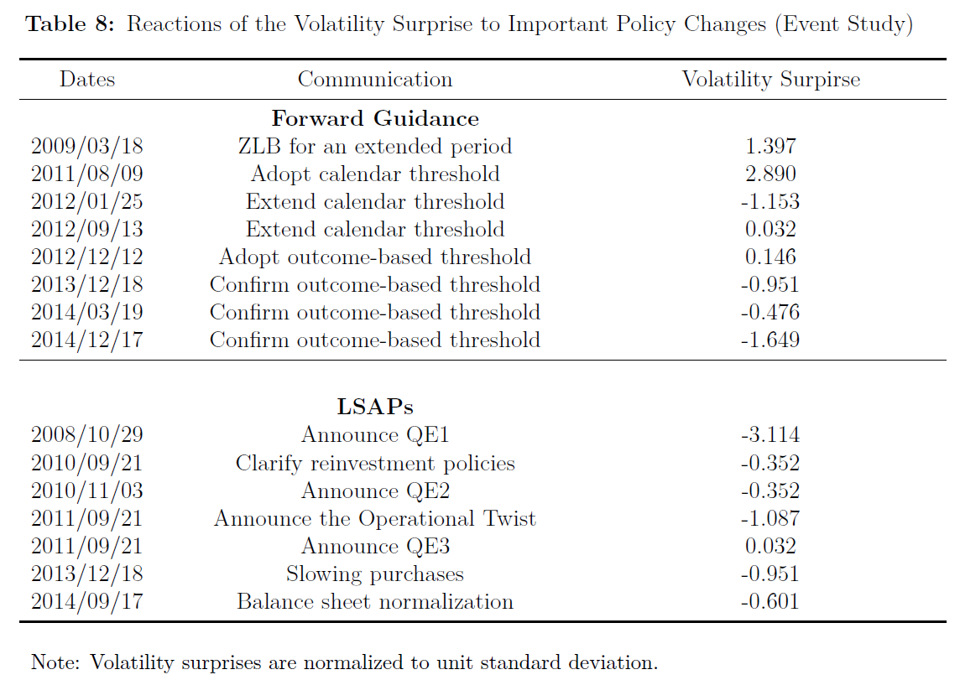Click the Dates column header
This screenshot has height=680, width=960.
point(87,80)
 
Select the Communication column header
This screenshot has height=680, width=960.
point(375,80)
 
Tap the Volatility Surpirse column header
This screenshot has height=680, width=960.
point(771,80)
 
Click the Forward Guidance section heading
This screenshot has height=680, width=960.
point(375,118)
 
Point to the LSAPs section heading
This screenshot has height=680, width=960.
point(375,407)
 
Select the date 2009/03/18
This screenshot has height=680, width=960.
point(87,146)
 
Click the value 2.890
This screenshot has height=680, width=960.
point(770,174)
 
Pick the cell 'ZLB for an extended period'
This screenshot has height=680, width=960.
point(375,146)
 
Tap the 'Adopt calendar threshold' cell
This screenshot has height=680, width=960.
point(375,174)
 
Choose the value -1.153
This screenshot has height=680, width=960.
point(770,201)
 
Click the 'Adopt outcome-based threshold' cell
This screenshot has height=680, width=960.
point(375,257)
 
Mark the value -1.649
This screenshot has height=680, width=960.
point(770,340)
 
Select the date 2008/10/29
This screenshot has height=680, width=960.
point(87,435)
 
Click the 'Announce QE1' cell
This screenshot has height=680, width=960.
point(375,435)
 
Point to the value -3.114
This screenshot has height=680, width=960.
point(770,435)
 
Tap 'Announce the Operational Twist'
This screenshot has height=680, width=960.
point(375,518)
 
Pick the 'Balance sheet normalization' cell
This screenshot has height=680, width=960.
point(375,602)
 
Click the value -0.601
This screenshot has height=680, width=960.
point(770,602)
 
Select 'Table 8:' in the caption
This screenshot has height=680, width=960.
point(70,23)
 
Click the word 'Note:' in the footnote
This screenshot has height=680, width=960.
point(55,662)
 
